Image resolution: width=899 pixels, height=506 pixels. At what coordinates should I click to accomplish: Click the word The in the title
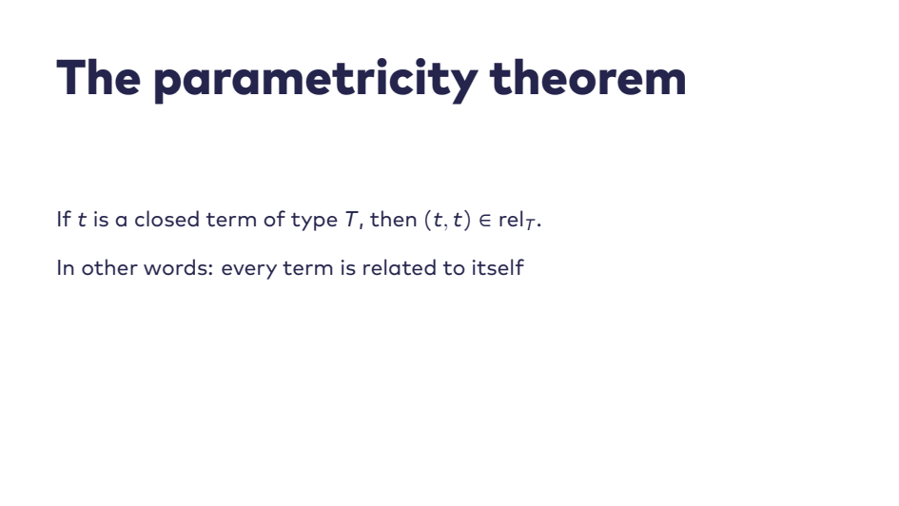pyautogui.click(x=99, y=77)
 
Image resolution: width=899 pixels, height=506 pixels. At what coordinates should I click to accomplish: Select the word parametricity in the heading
pyautogui.click(x=316, y=81)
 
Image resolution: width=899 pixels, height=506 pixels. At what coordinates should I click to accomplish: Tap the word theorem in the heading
pyautogui.click(x=588, y=77)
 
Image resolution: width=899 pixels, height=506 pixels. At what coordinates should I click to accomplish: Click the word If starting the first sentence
pyautogui.click(x=64, y=219)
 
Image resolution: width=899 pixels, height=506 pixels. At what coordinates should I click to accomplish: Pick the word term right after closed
pyautogui.click(x=231, y=220)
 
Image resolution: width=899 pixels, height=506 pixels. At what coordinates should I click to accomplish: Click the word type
pyautogui.click(x=314, y=222)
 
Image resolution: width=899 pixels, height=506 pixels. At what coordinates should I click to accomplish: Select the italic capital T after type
pyautogui.click(x=351, y=219)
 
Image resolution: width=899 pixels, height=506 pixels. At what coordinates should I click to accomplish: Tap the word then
pyautogui.click(x=393, y=219)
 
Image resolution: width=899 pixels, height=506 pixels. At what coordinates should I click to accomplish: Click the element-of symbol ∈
pyautogui.click(x=485, y=220)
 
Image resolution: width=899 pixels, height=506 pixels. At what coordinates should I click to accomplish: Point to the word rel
pyautogui.click(x=511, y=219)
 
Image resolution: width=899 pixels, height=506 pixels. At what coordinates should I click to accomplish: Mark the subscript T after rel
pyautogui.click(x=530, y=224)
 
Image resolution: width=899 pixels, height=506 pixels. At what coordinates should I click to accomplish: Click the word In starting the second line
pyautogui.click(x=66, y=267)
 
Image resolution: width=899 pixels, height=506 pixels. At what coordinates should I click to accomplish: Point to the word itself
pyautogui.click(x=498, y=267)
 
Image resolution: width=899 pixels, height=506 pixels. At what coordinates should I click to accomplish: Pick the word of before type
pyautogui.click(x=274, y=219)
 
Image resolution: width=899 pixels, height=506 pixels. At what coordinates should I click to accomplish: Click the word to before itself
pyautogui.click(x=454, y=268)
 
